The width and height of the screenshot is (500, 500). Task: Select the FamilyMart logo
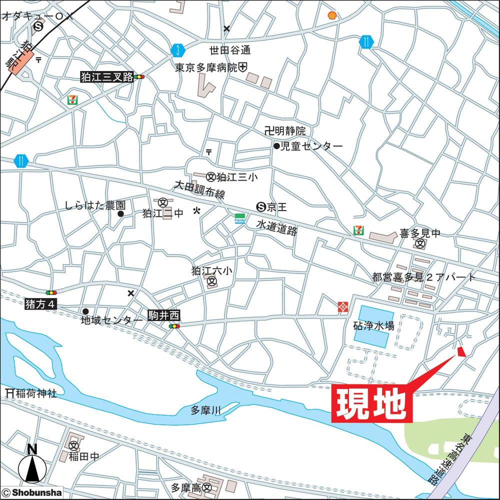(x=240, y=218)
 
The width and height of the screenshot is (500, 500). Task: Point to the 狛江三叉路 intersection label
(x=107, y=77)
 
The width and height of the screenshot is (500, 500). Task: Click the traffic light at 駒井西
(x=174, y=326)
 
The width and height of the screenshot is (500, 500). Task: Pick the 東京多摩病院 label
(x=206, y=67)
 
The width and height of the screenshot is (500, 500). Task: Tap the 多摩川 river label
(x=205, y=411)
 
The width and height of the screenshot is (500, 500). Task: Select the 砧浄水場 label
(x=373, y=325)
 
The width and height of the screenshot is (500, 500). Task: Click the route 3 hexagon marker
(x=177, y=49)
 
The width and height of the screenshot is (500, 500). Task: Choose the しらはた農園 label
(x=95, y=205)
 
